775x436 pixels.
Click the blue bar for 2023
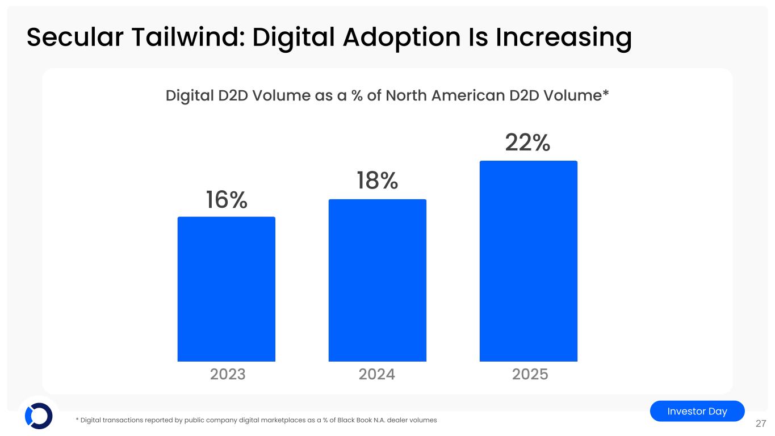coord(226,289)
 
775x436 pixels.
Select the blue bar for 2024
coord(377,280)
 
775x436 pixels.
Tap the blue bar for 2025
coord(528,261)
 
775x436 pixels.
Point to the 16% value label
coord(226,200)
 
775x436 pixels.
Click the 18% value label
coord(377,181)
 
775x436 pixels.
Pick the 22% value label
coord(527,143)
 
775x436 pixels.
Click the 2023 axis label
coord(228,375)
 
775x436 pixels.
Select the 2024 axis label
coord(377,375)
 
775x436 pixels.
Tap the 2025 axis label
coord(530,375)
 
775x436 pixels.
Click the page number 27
coord(761,424)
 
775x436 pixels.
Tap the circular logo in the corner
coord(39,416)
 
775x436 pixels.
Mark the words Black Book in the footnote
coord(353,420)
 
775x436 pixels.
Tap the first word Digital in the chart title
coord(189,96)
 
